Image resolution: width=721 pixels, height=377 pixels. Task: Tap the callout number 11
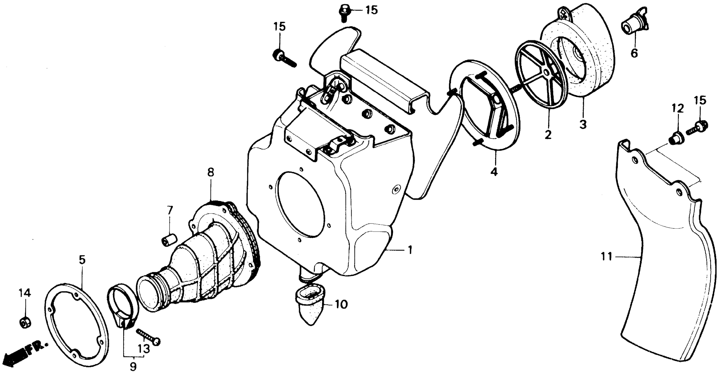[606, 256]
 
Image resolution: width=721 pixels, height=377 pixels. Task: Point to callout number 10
[341, 304]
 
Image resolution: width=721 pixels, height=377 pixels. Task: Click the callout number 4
[494, 171]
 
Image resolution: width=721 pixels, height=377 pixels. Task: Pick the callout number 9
[133, 366]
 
